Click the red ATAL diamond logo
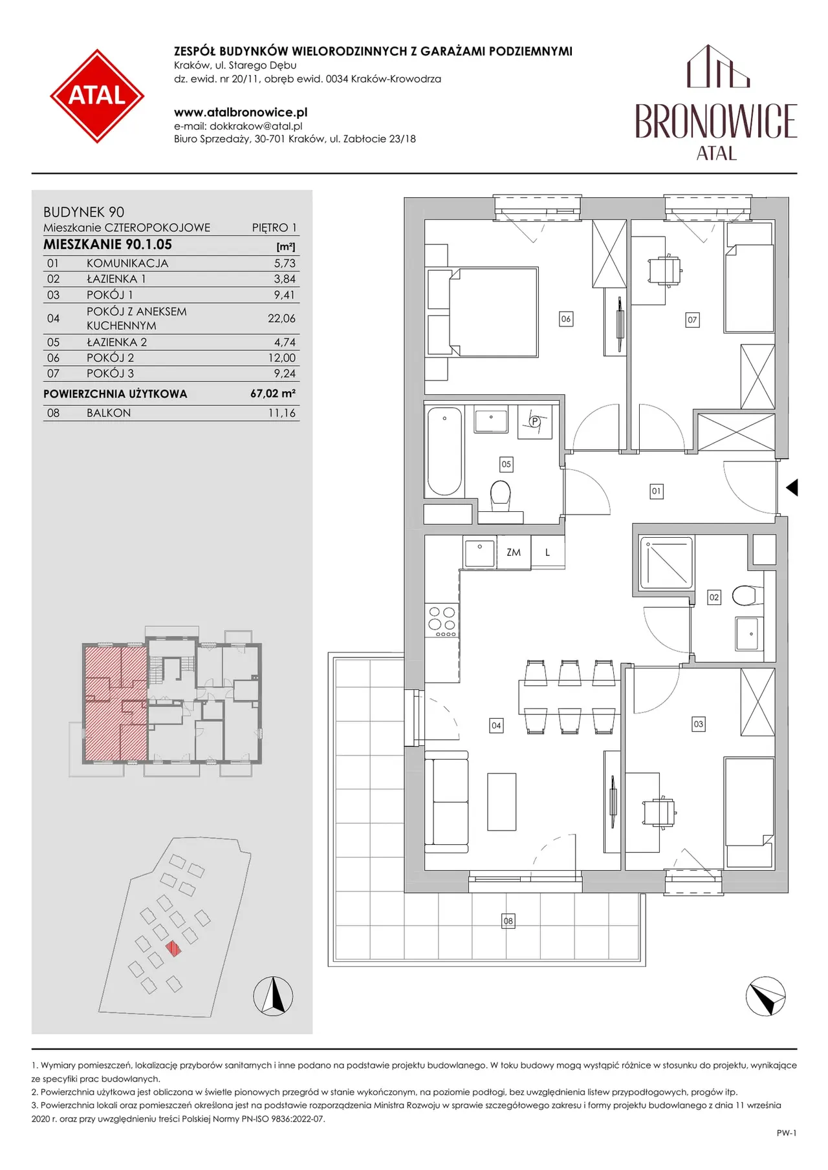97,96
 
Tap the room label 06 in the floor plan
566,319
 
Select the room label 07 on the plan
692,319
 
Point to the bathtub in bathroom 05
444,451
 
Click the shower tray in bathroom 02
666,562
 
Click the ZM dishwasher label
514,553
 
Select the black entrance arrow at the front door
792,487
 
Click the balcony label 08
508,920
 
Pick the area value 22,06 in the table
281,318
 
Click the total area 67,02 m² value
273,393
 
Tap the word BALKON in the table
109,412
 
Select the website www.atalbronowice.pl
241,112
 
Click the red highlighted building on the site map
173,948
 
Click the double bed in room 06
493,312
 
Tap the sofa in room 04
446,802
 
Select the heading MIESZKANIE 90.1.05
107,244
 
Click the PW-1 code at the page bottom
787,1133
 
